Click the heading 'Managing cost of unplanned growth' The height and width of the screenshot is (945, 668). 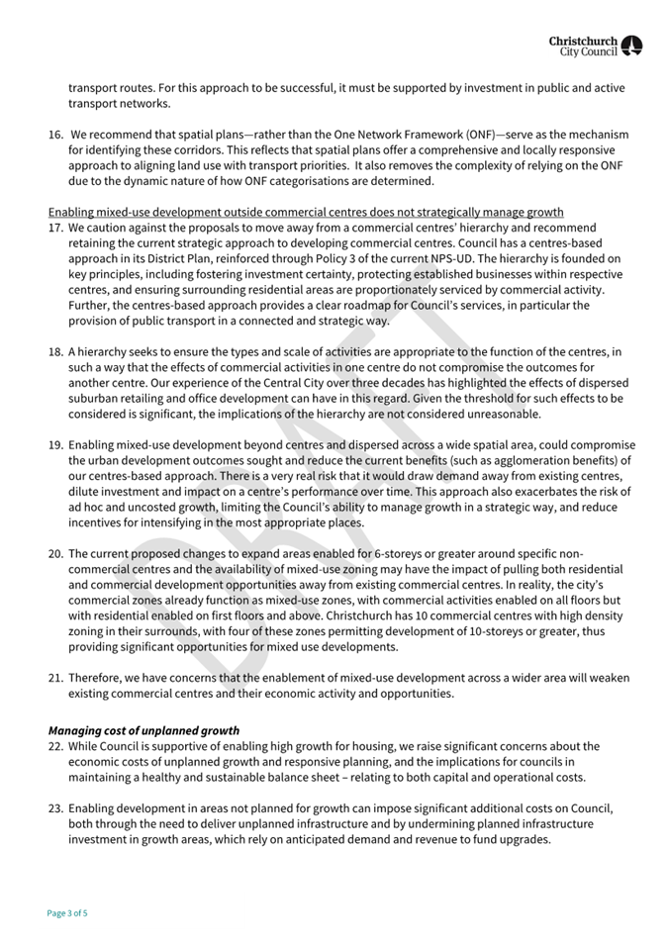[x=143, y=731]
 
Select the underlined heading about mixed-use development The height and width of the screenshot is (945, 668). [x=306, y=213]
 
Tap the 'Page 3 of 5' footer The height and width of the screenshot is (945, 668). [x=67, y=913]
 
